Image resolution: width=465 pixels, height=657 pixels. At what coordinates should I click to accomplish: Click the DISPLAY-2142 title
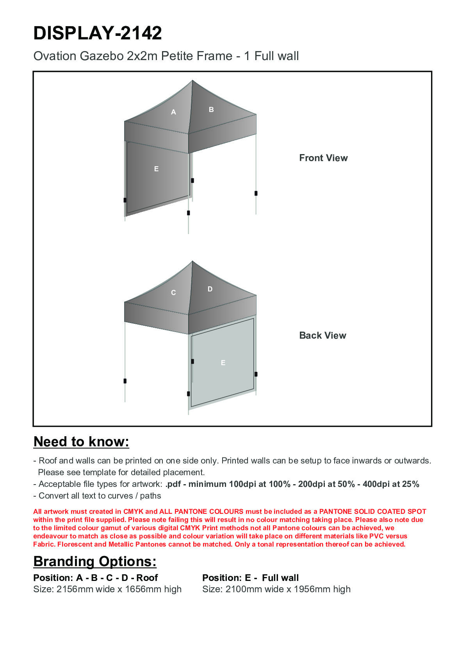point(98,33)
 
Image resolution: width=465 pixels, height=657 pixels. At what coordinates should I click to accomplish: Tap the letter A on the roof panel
point(174,112)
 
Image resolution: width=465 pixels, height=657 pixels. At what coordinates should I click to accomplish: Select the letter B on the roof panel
point(211,110)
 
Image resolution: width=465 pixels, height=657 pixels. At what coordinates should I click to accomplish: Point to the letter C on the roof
point(173,293)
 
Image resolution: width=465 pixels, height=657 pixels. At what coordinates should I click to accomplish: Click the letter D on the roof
point(210,289)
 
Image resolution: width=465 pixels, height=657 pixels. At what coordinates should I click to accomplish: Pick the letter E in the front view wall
point(157,169)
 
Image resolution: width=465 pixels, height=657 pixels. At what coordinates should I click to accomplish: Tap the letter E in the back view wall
point(223,363)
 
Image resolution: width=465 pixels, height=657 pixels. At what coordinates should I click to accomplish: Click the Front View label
point(323,158)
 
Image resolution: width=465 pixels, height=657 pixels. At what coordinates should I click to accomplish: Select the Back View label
point(322,336)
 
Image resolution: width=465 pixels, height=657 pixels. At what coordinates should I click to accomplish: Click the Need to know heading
point(81,442)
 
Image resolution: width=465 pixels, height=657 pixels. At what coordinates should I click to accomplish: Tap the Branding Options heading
point(95,561)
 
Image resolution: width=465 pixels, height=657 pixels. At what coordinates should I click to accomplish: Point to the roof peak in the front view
point(192,81)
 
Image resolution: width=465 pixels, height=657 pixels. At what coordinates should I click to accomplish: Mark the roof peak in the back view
point(192,261)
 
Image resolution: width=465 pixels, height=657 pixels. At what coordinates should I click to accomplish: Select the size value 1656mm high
point(153,589)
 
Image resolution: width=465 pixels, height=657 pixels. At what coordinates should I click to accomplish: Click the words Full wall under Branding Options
point(280,578)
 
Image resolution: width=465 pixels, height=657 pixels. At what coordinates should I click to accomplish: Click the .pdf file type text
point(173,485)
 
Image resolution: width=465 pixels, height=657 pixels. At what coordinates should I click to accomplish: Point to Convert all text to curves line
point(100,496)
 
